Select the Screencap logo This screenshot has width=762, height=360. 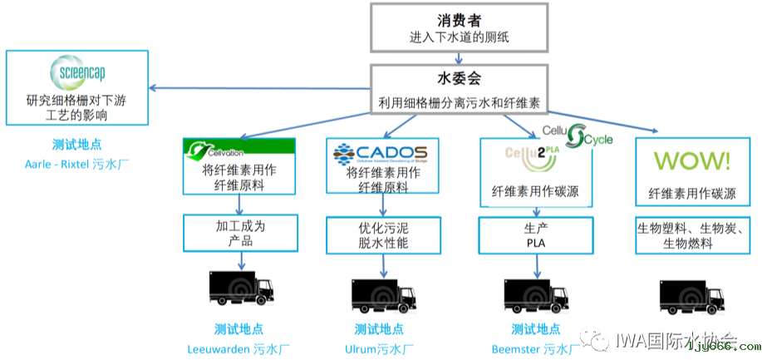pos(76,71)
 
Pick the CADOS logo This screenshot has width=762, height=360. pos(380,152)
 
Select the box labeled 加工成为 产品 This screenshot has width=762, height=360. pos(240,234)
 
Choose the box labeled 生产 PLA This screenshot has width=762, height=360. pos(537,234)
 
